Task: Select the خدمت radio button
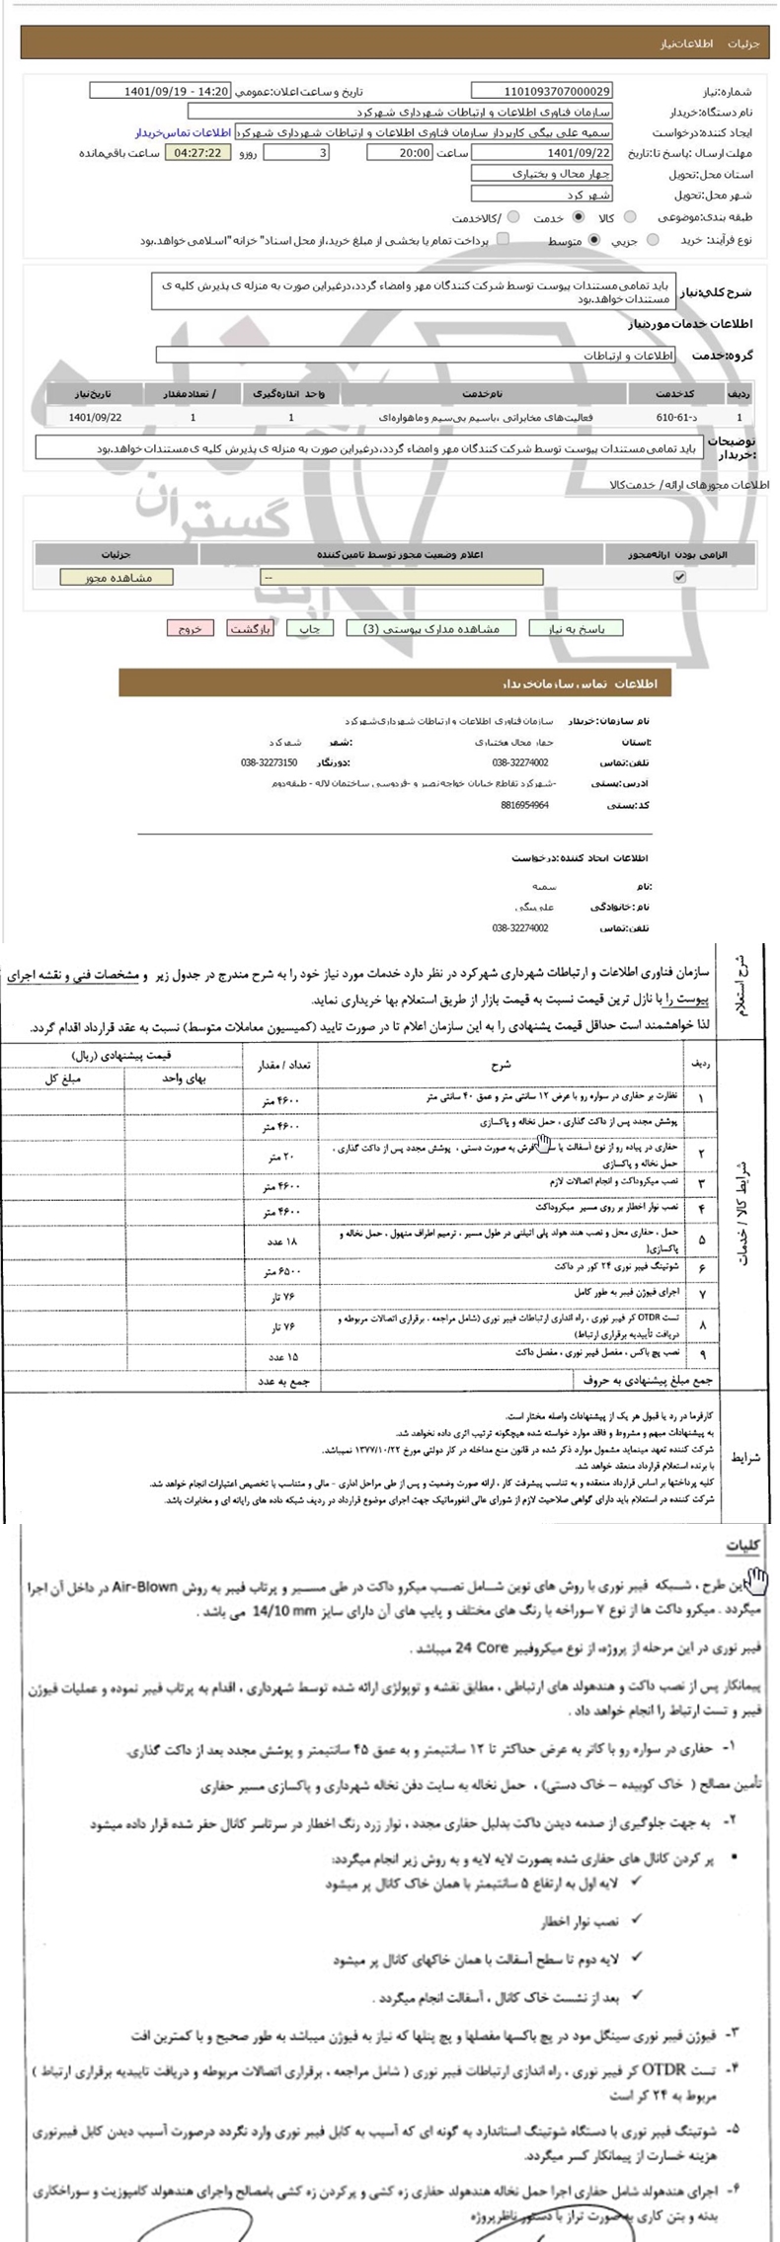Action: click(579, 217)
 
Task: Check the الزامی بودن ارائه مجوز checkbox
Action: click(679, 578)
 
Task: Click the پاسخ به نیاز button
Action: click(576, 629)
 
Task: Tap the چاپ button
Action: click(309, 629)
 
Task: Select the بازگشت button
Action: click(247, 629)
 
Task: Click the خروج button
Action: click(190, 629)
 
